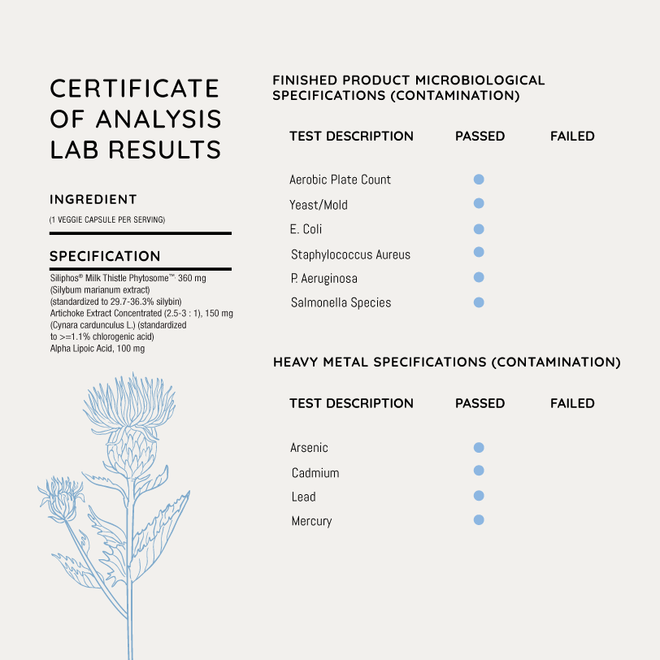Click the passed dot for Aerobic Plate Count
479,179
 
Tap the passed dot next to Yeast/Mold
479,203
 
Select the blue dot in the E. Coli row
479,229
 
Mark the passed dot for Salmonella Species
479,302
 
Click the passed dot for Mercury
479,519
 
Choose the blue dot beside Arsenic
479,447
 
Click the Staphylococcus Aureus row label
350,254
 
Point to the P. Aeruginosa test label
323,278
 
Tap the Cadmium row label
315,472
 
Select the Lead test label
303,497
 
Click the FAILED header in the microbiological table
572,136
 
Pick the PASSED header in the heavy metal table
480,403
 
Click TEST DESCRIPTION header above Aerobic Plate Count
351,136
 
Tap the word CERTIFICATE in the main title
135,88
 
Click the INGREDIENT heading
93,199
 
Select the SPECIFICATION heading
105,256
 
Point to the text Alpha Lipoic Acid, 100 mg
98,348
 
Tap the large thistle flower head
130,419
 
